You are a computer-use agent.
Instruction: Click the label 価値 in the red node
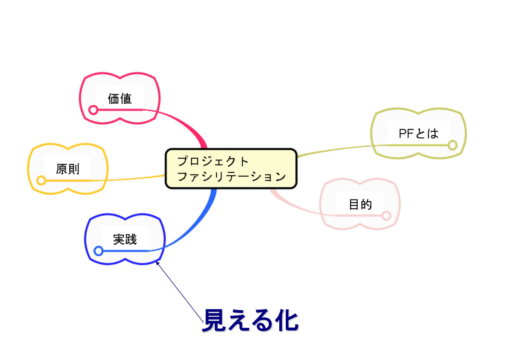tap(120, 99)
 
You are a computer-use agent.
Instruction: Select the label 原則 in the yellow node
tap(68, 169)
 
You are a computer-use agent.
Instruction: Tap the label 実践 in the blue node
tap(125, 239)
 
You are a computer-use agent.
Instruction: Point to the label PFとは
tap(418, 133)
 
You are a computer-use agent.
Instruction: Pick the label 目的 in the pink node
tap(360, 204)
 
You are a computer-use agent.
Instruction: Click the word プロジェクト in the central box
tap(212, 161)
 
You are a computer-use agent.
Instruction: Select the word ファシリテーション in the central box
tap(231, 176)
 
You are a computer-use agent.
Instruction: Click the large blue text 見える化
tap(250, 320)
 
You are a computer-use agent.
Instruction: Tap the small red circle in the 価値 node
tap(93, 110)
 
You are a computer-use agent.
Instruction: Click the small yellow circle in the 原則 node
tap(41, 181)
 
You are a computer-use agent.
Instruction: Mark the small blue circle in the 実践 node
tap(99, 251)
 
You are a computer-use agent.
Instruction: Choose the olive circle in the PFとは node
tap(452, 145)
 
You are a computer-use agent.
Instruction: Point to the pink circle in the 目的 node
tap(386, 216)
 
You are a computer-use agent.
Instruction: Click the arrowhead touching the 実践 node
tap(157, 263)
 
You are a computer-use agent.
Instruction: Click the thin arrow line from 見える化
tap(180, 292)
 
